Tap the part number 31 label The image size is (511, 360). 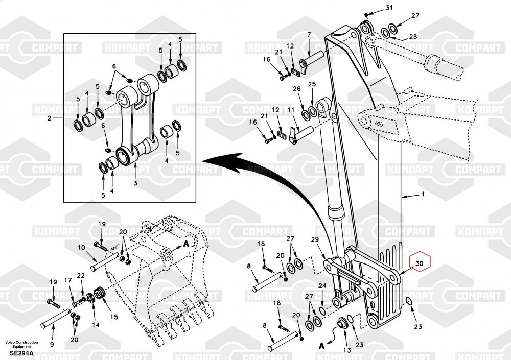point(389,8)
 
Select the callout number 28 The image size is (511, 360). point(413,36)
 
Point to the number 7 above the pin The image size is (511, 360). point(309,35)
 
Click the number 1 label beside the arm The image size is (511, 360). point(423,194)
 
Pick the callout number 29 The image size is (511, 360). point(315,239)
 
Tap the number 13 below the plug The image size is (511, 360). point(347,350)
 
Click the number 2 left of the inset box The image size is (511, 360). point(49,118)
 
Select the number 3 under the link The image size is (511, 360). point(135,183)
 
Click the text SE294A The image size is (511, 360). point(21,353)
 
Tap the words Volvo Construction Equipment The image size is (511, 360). point(21,344)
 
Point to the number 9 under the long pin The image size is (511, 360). point(52,344)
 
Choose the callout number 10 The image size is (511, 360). point(81,248)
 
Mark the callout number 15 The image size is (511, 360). point(114,317)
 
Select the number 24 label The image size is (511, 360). point(322,286)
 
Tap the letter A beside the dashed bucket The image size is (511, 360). point(186,243)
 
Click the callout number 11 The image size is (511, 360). point(291,110)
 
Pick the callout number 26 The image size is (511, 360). point(296,89)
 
